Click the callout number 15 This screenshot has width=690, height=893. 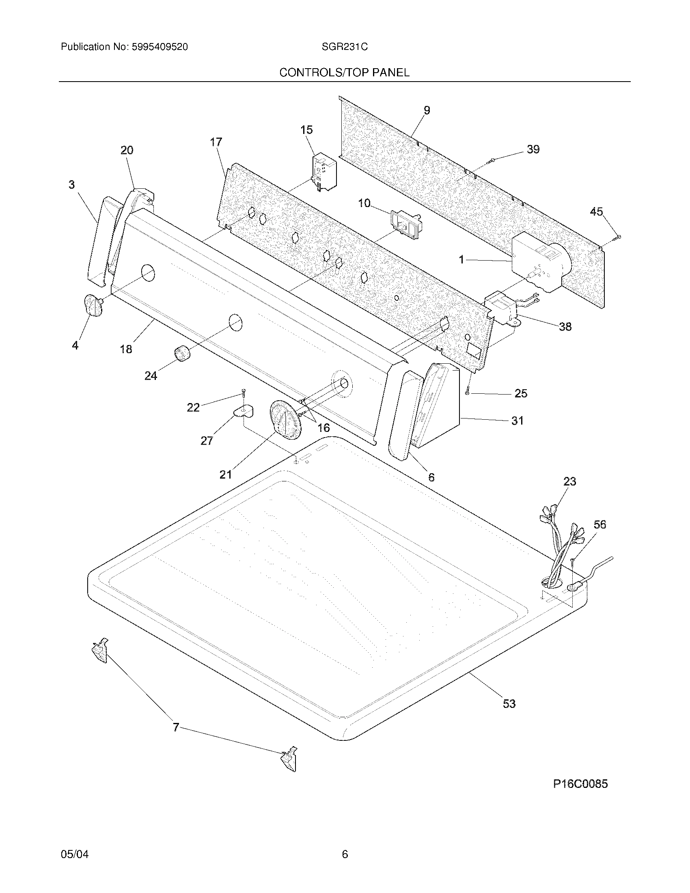306,130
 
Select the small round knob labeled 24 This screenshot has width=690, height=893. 182,353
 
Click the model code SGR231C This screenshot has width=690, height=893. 344,47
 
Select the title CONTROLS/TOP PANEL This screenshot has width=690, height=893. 344,73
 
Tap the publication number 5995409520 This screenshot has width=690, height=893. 160,47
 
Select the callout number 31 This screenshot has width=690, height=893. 517,421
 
